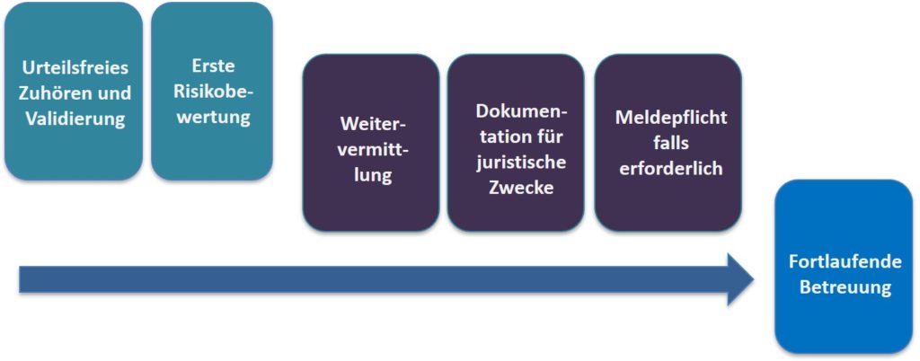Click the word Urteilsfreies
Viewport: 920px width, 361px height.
[75, 68]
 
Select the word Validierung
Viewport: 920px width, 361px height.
[75, 119]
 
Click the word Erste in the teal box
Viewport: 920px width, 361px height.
[212, 66]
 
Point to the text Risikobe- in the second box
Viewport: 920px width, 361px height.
[212, 91]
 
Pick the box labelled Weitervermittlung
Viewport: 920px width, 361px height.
[371, 143]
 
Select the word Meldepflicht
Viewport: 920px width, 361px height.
[670, 118]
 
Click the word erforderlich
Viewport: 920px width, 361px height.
[670, 168]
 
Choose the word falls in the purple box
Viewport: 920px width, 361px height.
[670, 143]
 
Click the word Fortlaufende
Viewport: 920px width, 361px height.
[845, 261]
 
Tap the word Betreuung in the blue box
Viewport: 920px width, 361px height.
[845, 287]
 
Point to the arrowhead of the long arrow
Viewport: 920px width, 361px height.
[753, 279]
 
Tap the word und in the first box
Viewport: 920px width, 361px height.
[111, 93]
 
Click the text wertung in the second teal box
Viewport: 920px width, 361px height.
[212, 117]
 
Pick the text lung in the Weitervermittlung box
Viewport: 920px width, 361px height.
[371, 176]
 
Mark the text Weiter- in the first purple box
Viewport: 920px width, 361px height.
[371, 124]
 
